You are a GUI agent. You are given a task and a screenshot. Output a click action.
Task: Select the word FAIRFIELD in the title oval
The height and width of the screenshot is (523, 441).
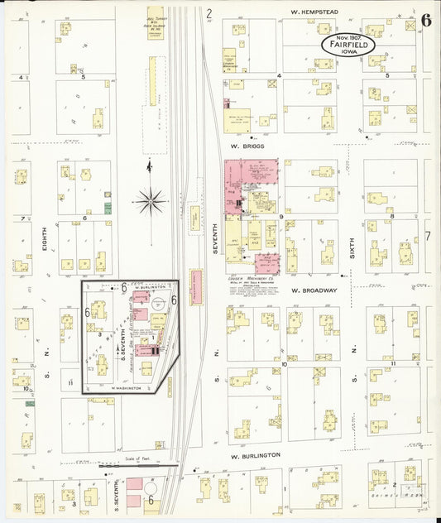pos(348,45)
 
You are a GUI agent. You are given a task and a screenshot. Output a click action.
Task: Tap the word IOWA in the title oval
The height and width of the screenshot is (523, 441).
pos(348,53)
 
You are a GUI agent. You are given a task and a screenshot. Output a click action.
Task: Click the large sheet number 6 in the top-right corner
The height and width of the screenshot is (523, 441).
pos(425,21)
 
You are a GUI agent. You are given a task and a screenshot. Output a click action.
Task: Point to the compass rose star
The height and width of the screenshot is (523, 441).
pos(151,199)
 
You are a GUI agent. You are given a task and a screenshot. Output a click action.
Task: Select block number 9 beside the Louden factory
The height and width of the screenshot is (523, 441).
pos(281,217)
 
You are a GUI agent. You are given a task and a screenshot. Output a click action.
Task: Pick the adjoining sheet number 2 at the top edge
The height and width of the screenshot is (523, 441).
pos(209,12)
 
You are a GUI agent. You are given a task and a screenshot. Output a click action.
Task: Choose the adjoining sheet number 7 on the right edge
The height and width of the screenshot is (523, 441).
pos(428,236)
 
